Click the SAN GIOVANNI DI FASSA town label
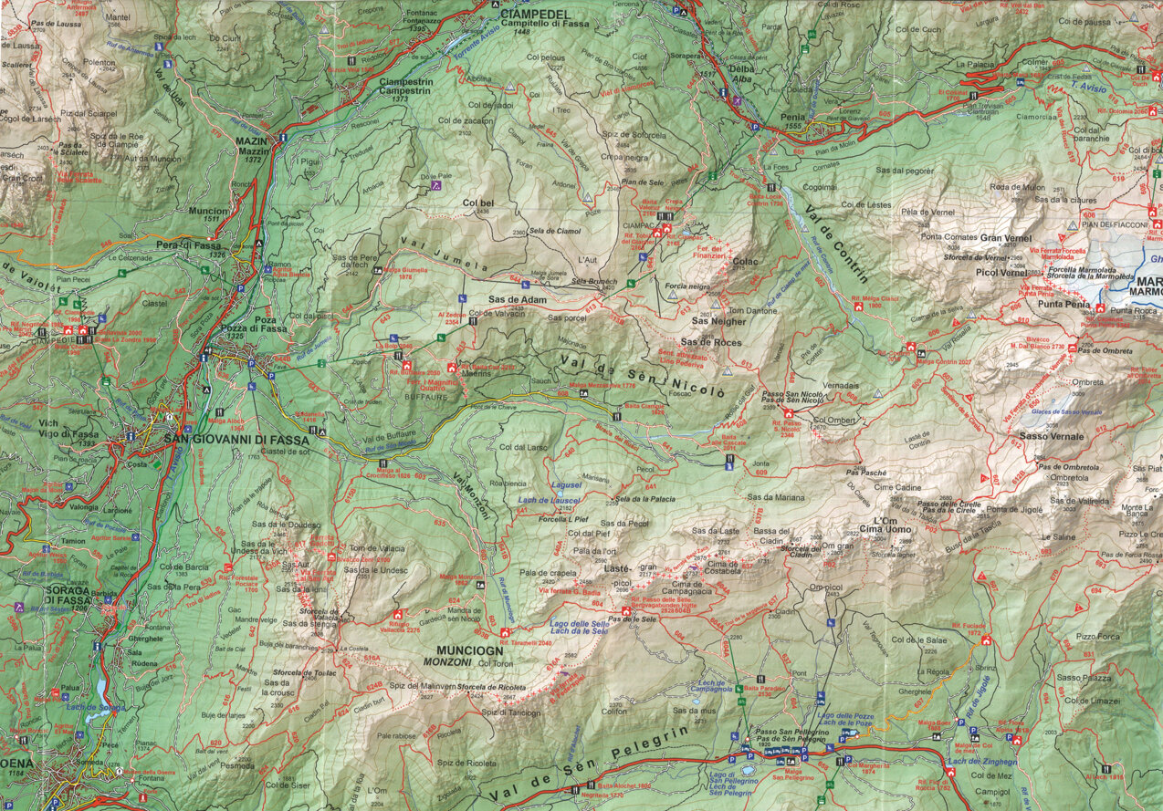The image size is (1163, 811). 236,439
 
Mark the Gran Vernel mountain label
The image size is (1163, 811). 1004,237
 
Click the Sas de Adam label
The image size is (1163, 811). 517,299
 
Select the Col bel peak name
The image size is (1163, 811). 477,203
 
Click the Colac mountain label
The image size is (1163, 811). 744,261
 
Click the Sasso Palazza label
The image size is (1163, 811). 1084,677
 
